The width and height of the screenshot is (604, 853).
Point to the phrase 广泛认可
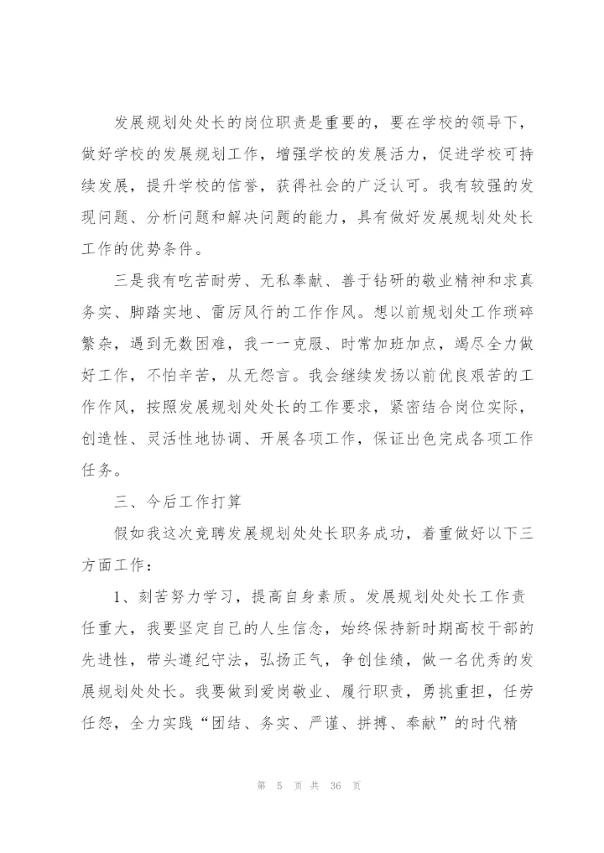435,185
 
